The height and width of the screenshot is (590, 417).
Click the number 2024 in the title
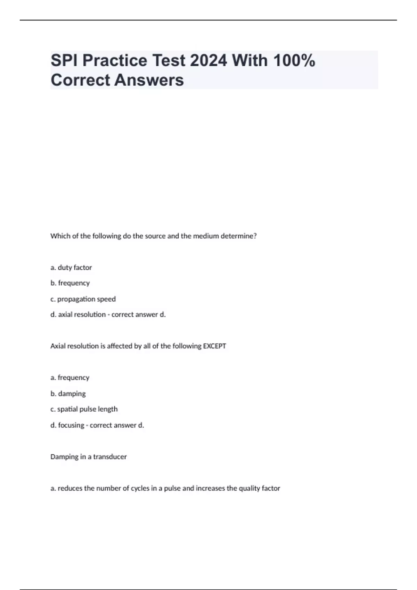click(x=208, y=60)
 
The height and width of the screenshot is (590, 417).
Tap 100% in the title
click(x=294, y=60)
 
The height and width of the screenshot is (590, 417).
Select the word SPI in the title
click(x=64, y=60)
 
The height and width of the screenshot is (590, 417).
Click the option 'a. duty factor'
click(x=71, y=268)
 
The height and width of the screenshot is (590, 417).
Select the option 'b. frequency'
click(x=70, y=283)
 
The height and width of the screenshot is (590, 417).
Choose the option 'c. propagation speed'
click(x=83, y=299)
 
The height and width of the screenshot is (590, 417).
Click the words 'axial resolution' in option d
click(x=82, y=314)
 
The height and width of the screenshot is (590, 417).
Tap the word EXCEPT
click(x=214, y=346)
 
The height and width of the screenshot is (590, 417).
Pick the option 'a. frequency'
click(x=70, y=377)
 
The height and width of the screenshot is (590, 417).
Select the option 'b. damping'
click(x=68, y=394)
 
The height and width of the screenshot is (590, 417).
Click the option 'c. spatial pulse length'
click(x=84, y=409)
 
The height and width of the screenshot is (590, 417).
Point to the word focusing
click(x=71, y=425)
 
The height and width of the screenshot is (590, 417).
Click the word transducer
click(x=110, y=457)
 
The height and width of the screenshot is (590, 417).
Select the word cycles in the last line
click(x=140, y=488)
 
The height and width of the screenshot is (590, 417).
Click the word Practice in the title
click(x=115, y=60)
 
